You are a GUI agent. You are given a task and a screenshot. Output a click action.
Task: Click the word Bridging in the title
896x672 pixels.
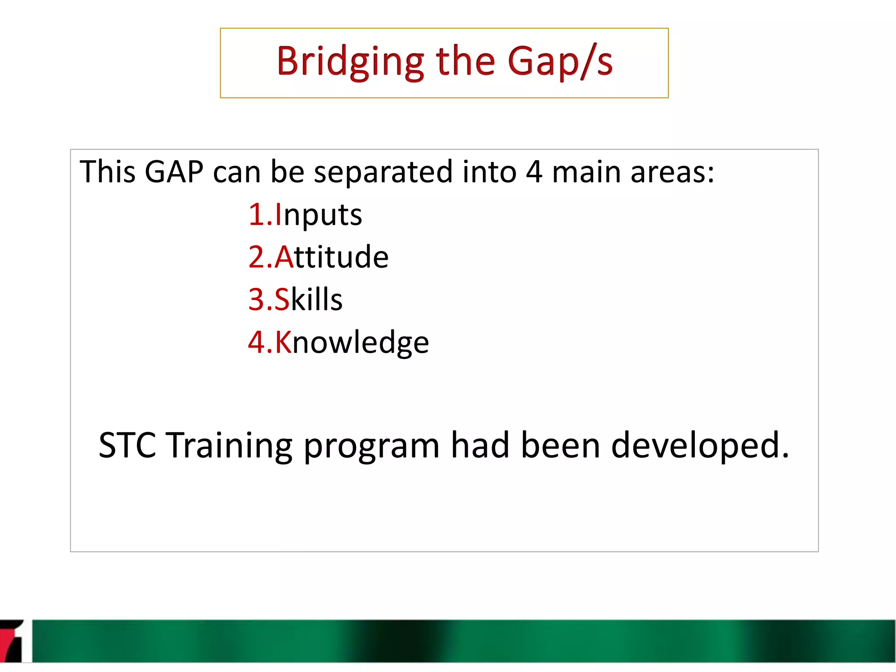pyautogui.click(x=350, y=62)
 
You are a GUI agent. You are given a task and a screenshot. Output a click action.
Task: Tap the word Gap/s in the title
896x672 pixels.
pyautogui.click(x=560, y=62)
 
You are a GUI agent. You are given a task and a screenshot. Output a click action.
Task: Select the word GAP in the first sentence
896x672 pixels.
pyautogui.click(x=174, y=171)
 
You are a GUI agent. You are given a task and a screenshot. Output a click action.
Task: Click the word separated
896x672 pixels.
pyautogui.click(x=383, y=172)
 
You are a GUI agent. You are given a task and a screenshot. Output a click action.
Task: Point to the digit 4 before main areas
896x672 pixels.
pyautogui.click(x=534, y=171)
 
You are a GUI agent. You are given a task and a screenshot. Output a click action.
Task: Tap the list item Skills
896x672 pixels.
pyautogui.click(x=308, y=299)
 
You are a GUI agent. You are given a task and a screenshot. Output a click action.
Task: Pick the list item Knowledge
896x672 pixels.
pyautogui.click(x=352, y=342)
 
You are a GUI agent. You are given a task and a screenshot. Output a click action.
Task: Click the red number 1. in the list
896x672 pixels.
pyautogui.click(x=260, y=215)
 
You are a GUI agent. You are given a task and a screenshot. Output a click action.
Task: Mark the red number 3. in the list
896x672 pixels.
pyautogui.click(x=260, y=299)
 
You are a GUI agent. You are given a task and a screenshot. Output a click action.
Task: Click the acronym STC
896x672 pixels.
pyautogui.click(x=127, y=445)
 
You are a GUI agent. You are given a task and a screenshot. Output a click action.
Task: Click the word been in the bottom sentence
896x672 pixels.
pyautogui.click(x=560, y=445)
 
